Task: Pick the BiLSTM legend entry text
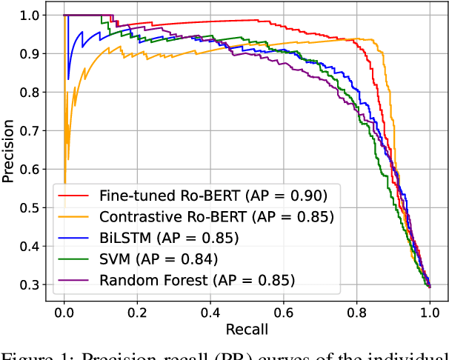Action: pyautogui.click(x=169, y=238)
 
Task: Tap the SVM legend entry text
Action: pyautogui.click(x=159, y=259)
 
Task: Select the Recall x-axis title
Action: pyautogui.click(x=247, y=328)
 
